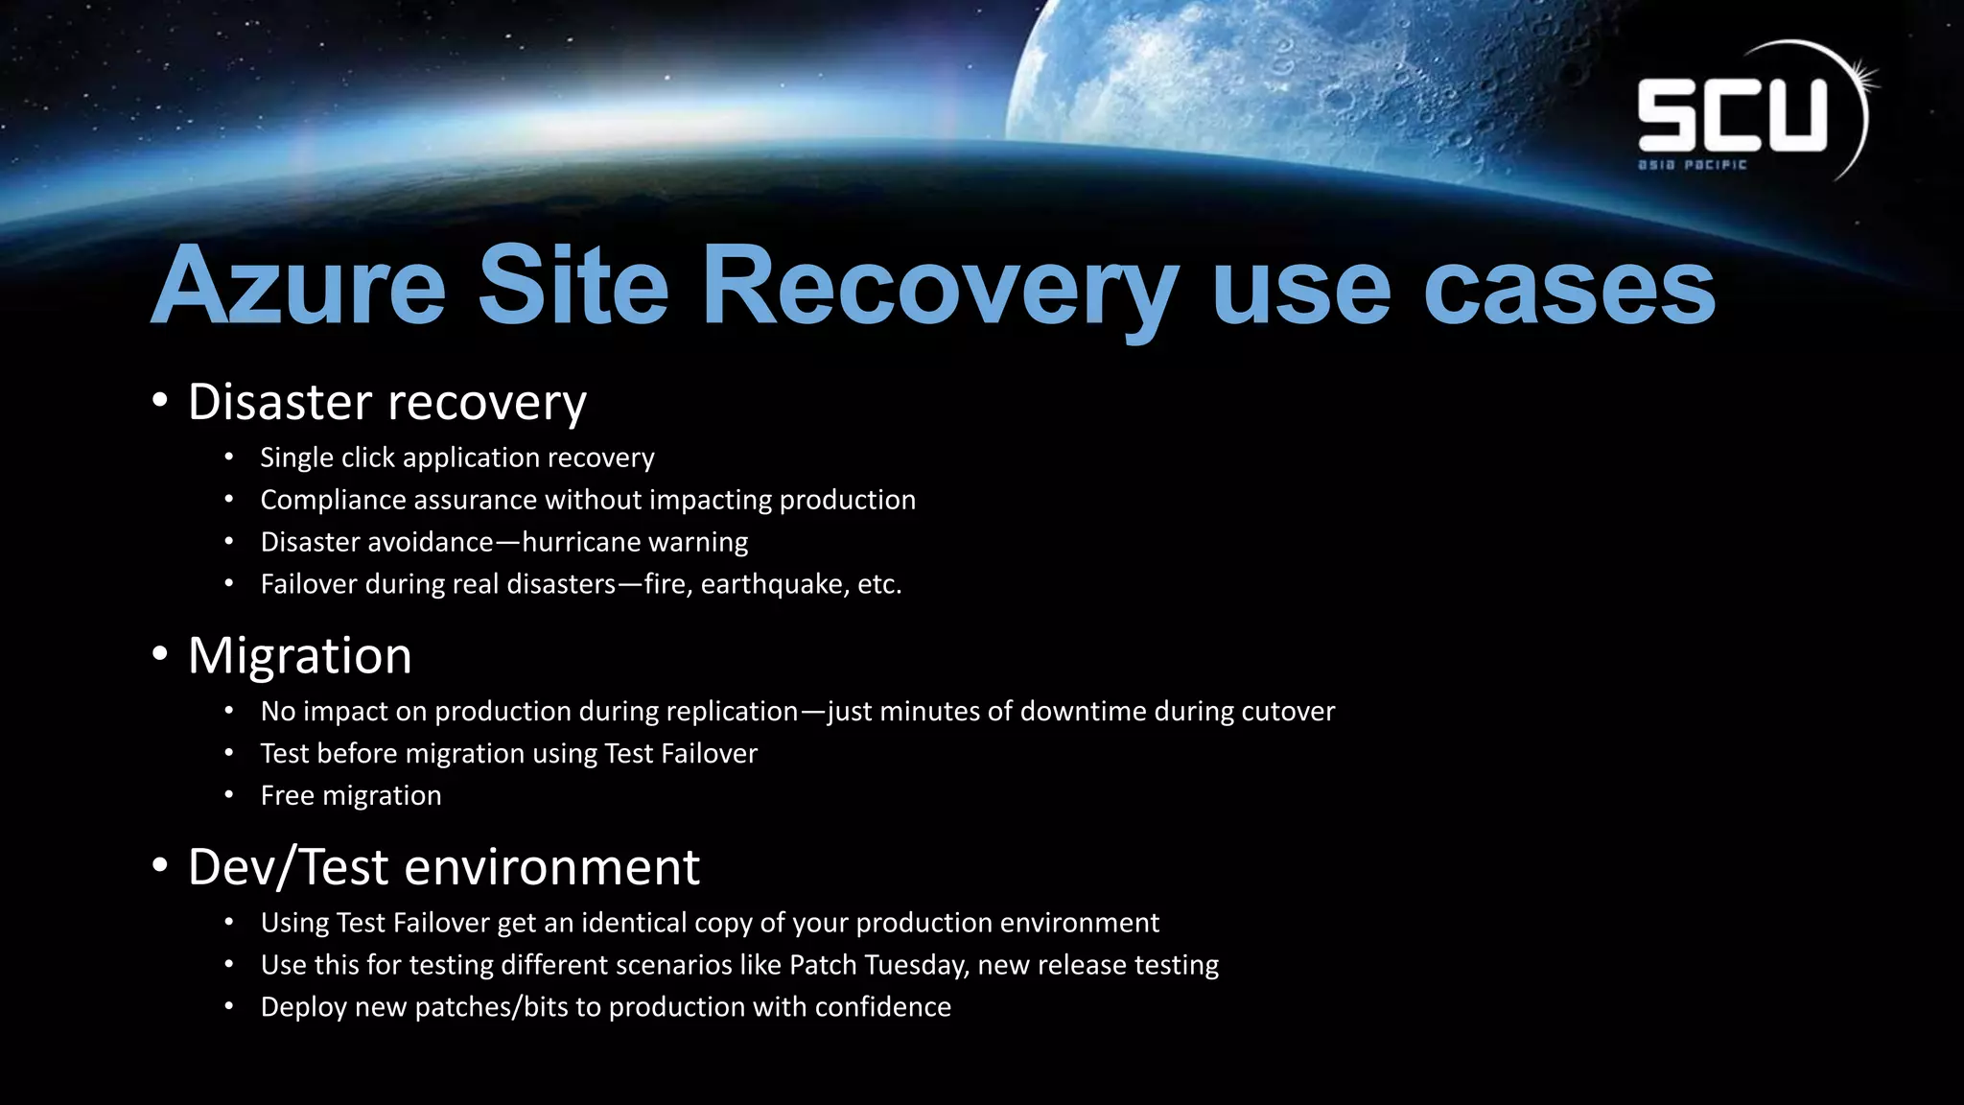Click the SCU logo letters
coord(1732,115)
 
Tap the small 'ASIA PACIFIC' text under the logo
coord(1693,165)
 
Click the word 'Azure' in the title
coord(298,287)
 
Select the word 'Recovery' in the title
coord(940,287)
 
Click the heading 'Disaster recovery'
coord(386,402)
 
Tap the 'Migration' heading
coord(299,656)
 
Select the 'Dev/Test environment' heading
coord(443,867)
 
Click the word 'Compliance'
coord(331,500)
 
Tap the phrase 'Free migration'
coord(351,795)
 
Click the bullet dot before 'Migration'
coord(160,655)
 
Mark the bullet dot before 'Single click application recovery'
coord(229,458)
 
